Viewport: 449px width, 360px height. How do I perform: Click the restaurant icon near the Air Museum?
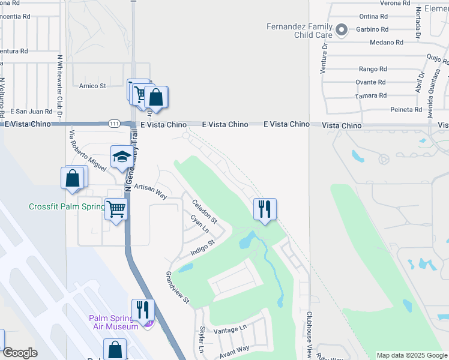pyautogui.click(x=143, y=310)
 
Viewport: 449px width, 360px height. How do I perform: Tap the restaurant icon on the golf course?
pyautogui.click(x=265, y=209)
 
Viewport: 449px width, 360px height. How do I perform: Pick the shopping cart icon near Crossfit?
pyautogui.click(x=116, y=209)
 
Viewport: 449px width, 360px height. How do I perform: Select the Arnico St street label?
pyautogui.click(x=92, y=86)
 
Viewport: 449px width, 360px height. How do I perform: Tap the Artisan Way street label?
pyautogui.click(x=150, y=191)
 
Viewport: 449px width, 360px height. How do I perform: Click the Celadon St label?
pyautogui.click(x=204, y=213)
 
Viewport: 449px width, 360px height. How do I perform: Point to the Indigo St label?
pyautogui.click(x=203, y=248)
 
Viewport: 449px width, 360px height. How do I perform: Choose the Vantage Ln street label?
pyautogui.click(x=230, y=329)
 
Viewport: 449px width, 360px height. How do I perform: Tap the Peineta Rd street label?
pyautogui.click(x=406, y=110)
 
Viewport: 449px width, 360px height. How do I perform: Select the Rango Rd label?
pyautogui.click(x=372, y=69)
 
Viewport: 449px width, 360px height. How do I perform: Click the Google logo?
pyautogui.click(x=19, y=353)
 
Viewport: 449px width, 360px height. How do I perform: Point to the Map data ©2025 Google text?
pyautogui.click(x=411, y=355)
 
